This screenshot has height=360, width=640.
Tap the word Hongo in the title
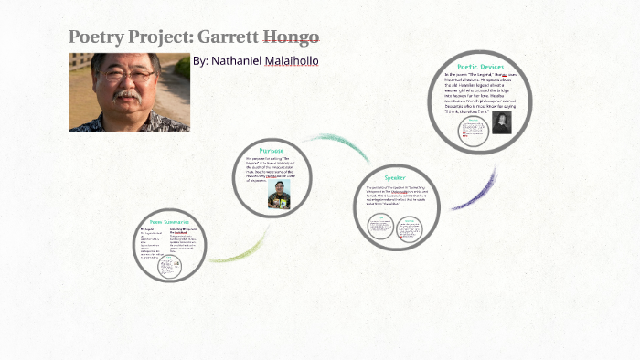pos(291,37)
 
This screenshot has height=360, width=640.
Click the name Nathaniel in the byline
pos(240,61)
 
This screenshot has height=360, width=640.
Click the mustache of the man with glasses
pos(128,94)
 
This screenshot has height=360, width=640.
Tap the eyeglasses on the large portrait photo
pos(128,78)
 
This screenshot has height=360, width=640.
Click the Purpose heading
pos(272,150)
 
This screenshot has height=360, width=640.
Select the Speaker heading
pos(394,177)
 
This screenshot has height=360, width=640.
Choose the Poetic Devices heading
pos(481,67)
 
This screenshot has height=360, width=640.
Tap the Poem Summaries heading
pos(170,222)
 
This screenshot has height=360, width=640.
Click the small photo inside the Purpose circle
pos(279,194)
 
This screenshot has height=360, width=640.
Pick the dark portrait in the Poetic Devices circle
pos(501,123)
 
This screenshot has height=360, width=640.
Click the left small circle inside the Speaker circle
pos(380,228)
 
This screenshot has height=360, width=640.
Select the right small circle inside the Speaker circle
pos(409,228)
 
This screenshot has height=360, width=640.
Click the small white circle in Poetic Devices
pos(473,133)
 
